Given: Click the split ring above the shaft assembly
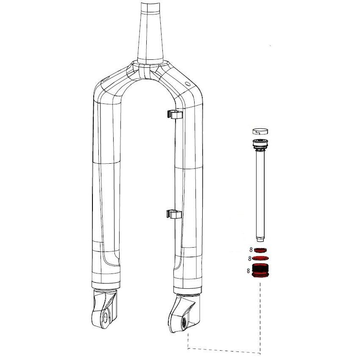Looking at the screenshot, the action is (260, 131).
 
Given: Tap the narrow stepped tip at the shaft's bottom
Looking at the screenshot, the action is (260, 240).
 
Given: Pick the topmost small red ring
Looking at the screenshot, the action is (260, 250).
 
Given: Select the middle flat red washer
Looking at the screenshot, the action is (260, 258).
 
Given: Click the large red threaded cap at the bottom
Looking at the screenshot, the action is (260, 271).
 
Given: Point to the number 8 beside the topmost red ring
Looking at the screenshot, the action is (251, 250).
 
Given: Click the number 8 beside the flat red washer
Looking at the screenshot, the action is (250, 259).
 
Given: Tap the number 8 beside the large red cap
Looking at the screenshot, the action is (248, 271).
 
